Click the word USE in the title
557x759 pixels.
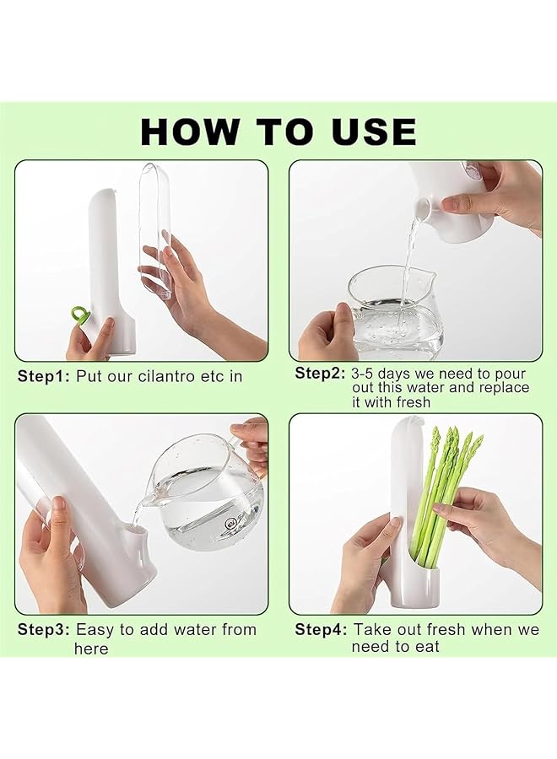(375, 132)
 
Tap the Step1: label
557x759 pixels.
(44, 376)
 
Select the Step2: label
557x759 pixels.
(321, 374)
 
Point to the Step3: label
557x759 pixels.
(44, 629)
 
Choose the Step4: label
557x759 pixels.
(321, 629)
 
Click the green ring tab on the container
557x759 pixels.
(79, 316)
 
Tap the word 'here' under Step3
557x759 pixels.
(91, 649)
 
